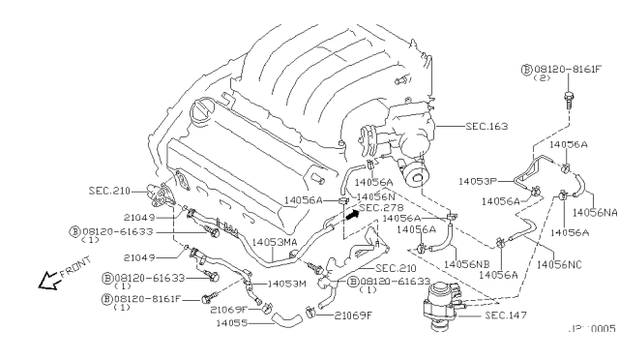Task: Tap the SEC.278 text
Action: click(381, 207)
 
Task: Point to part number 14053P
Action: click(478, 181)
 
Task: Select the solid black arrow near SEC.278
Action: click(349, 214)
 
